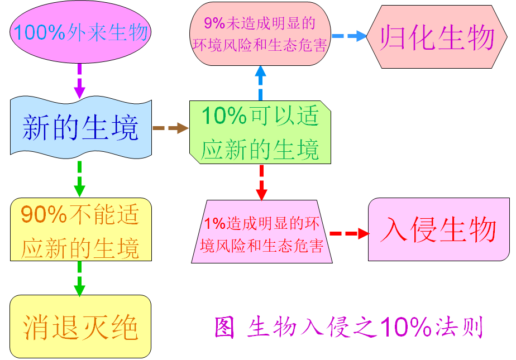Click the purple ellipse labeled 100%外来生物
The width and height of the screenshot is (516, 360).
pyautogui.click(x=80, y=33)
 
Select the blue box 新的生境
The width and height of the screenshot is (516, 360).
pyautogui.click(x=81, y=128)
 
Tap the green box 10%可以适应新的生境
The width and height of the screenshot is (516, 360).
pyautogui.click(x=260, y=133)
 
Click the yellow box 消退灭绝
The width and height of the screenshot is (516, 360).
pyautogui.click(x=81, y=327)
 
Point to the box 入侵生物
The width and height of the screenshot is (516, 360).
pyautogui.click(x=438, y=229)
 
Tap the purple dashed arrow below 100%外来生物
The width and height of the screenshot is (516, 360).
pyautogui.click(x=79, y=80)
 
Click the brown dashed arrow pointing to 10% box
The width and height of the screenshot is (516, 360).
pyautogui.click(x=170, y=128)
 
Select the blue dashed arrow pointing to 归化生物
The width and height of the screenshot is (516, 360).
pyautogui.click(x=350, y=36)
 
